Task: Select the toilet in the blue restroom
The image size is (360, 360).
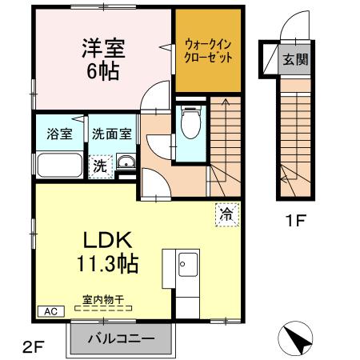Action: (190, 124)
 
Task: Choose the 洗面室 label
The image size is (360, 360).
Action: (110, 134)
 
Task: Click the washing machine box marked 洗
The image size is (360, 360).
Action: (100, 166)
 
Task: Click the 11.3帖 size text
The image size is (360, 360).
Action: (108, 262)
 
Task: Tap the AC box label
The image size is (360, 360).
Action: (48, 311)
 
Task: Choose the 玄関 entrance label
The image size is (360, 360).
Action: (294, 60)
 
